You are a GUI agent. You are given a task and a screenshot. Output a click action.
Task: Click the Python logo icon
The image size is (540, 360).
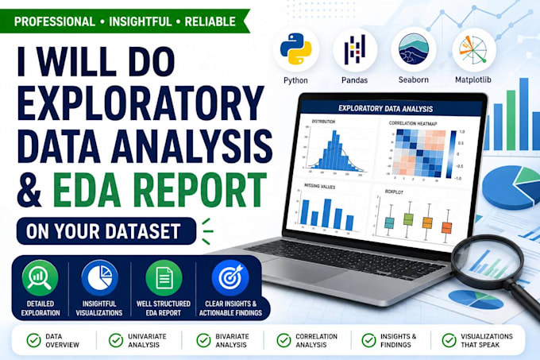point(296,49)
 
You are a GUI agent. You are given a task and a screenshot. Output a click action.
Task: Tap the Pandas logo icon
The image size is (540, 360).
point(355,50)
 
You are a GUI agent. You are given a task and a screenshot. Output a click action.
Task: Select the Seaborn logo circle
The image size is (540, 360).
point(414,49)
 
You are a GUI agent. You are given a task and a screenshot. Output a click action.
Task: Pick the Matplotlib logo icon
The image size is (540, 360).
point(474,49)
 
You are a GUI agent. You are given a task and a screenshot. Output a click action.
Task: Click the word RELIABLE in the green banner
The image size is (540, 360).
point(210,21)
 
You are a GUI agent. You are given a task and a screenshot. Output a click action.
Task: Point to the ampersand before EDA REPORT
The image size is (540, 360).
point(30,190)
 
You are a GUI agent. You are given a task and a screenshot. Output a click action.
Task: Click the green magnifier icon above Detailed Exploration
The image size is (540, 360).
point(40,277)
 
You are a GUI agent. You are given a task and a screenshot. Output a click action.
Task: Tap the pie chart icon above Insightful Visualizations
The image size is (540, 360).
point(99,277)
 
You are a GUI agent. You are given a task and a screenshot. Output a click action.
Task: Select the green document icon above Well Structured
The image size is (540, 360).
point(164,277)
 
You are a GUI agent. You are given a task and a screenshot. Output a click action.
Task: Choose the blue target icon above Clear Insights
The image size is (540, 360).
point(230,277)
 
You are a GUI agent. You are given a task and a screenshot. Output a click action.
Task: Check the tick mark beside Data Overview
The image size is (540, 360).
point(33,340)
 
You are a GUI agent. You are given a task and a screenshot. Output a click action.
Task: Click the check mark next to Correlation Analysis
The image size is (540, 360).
point(283,340)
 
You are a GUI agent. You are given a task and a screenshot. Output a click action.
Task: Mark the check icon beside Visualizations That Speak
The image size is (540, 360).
point(449,340)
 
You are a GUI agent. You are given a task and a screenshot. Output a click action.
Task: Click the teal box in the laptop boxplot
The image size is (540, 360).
point(389,223)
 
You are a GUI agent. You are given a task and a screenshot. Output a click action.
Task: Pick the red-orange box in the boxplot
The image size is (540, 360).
point(446,228)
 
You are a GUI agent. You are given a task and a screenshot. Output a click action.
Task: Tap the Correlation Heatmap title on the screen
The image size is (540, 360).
point(413,123)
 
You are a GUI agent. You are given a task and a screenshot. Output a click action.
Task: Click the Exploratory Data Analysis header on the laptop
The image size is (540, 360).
point(385,109)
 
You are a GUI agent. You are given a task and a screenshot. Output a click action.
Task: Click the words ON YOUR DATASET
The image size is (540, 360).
point(103,231)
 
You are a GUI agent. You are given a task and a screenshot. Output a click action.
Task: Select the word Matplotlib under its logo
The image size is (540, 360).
point(472,80)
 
